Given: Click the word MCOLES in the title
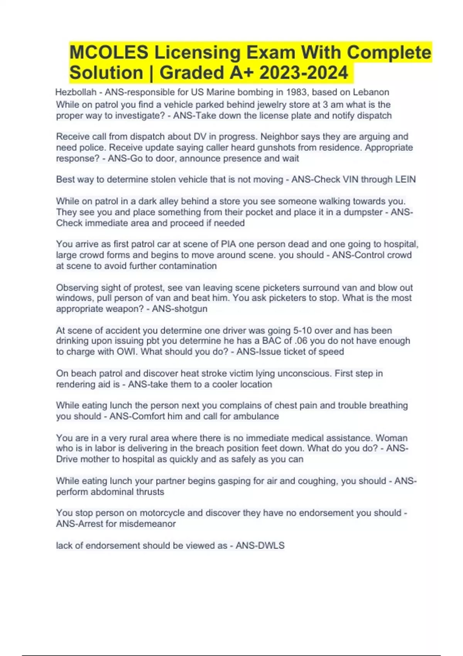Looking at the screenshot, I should pos(108,52).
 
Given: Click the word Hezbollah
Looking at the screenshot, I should pos(76,92).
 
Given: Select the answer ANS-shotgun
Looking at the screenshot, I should pos(180,309).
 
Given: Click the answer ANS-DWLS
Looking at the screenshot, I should pos(260,545).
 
